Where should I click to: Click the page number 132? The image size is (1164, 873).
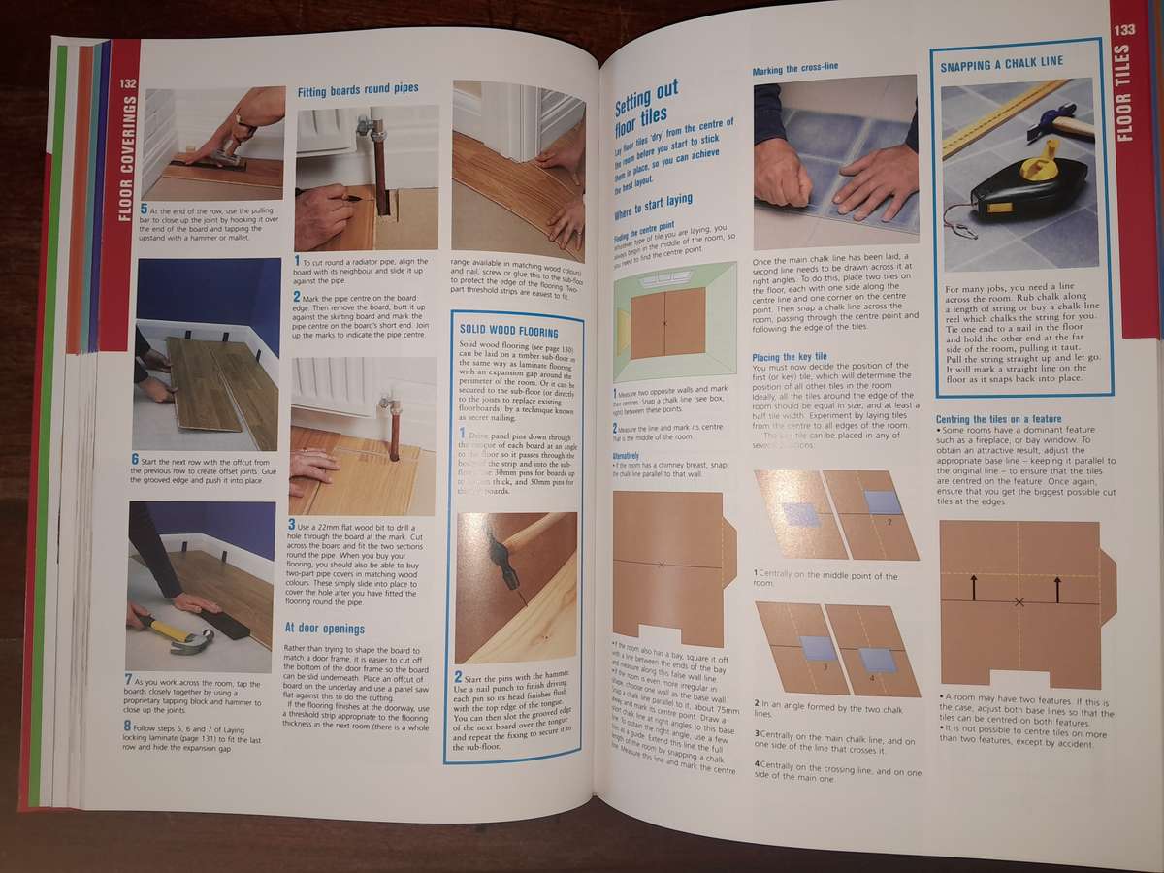[127, 84]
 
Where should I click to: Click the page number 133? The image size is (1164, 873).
[1124, 30]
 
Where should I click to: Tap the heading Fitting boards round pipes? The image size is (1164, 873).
[358, 89]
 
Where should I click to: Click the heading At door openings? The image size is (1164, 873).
[324, 628]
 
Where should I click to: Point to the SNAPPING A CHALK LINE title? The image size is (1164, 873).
[1001, 62]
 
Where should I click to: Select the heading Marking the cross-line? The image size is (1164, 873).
[794, 70]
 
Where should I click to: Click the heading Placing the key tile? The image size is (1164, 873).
[789, 357]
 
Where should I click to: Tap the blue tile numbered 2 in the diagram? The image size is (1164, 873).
[883, 501]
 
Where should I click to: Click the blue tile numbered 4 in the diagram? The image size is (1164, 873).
[877, 661]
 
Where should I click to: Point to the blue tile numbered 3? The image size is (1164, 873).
[818, 648]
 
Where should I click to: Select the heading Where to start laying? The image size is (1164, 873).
[653, 200]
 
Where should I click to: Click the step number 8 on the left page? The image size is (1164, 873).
[128, 725]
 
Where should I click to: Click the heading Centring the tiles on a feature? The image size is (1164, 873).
[999, 419]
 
